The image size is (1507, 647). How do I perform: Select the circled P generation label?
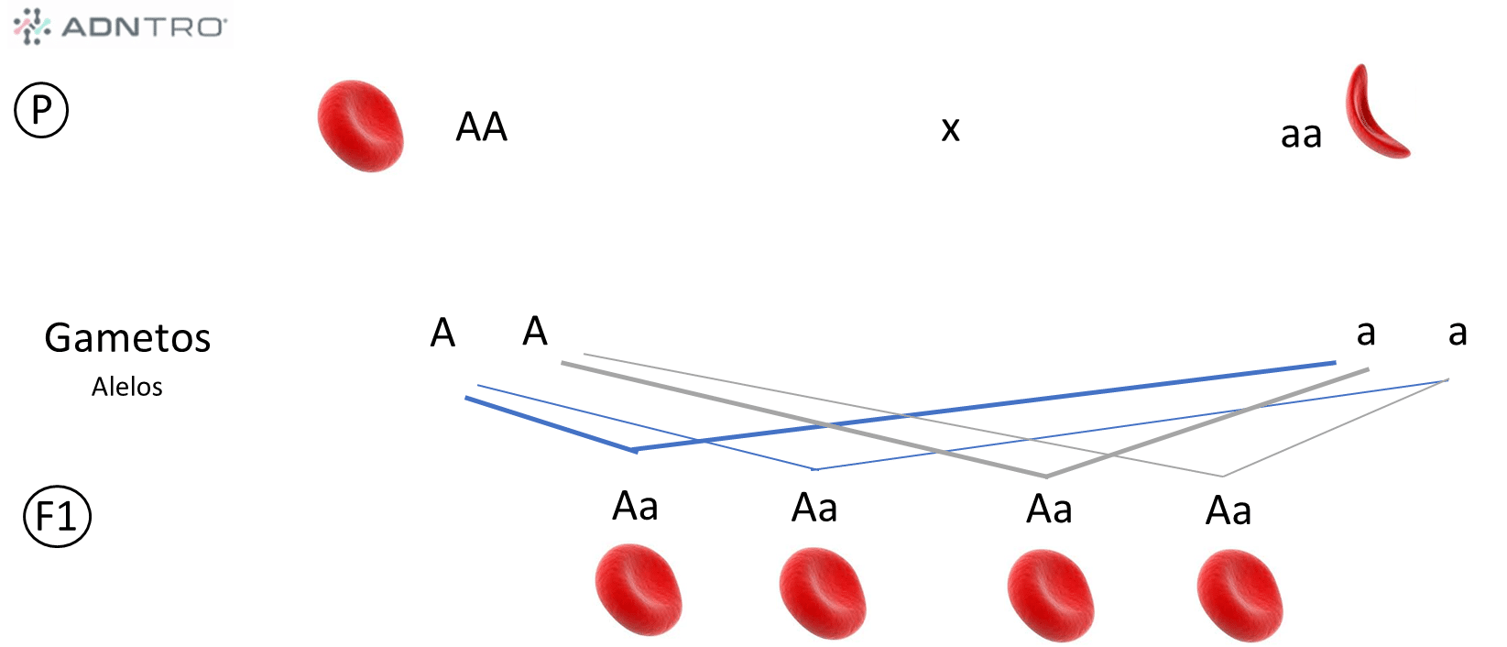pos(41,110)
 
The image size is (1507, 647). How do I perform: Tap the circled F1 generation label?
pos(57,517)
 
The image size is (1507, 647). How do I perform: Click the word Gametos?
pos(127,338)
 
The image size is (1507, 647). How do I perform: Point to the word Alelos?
pos(127,387)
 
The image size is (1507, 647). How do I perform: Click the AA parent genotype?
pos(482,126)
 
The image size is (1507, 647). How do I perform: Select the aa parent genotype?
pos(1301,135)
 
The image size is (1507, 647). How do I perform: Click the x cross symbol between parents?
pos(951,128)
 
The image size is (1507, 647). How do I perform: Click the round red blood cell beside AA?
pos(360,126)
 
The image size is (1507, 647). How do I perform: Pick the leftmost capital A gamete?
pos(442,332)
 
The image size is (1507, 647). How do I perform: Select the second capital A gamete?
pos(535,331)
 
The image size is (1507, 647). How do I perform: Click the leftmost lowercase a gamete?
pos(1366,332)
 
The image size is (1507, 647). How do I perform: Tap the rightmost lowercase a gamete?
pos(1458,332)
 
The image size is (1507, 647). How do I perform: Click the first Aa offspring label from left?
pos(635,506)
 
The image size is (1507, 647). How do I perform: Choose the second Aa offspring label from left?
pos(814,508)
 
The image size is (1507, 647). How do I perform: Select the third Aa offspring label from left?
pos(1049,510)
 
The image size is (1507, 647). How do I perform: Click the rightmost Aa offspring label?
pos(1228,511)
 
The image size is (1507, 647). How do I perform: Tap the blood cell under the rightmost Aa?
pos(1239,597)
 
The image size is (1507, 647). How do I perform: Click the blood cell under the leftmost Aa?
pos(638,590)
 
